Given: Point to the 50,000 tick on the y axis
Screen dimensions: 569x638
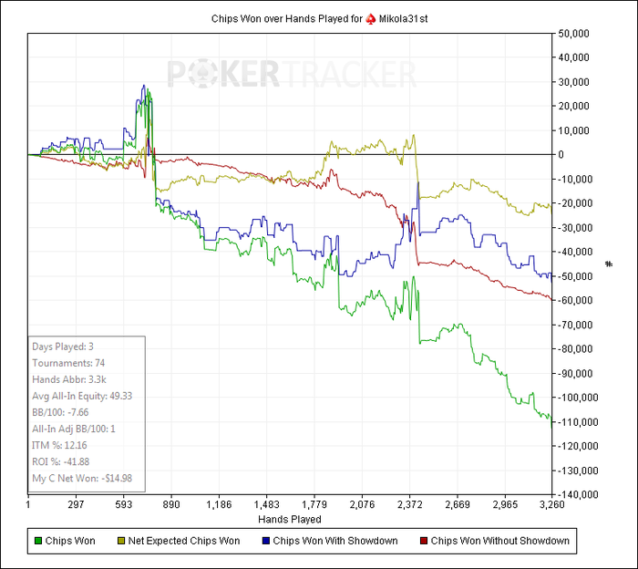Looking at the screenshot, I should pyautogui.click(x=577, y=34).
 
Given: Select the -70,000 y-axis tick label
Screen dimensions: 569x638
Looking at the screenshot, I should pyautogui.click(x=579, y=324).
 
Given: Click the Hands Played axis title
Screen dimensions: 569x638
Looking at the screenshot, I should pyautogui.click(x=290, y=519).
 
